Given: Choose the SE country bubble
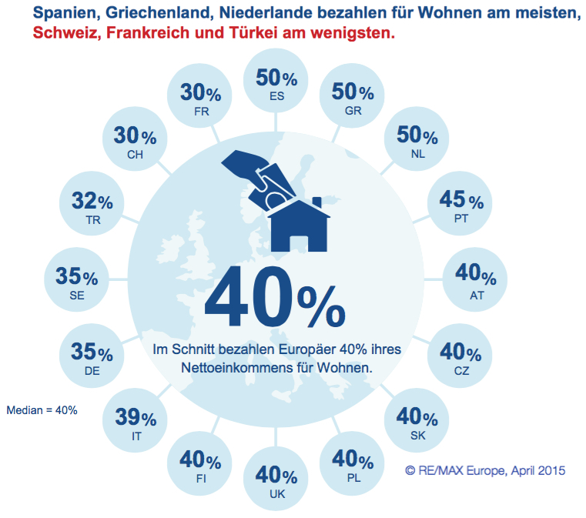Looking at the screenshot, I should click(x=76, y=282).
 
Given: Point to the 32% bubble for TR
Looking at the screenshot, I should click(x=92, y=206).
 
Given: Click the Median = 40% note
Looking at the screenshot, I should click(x=42, y=410).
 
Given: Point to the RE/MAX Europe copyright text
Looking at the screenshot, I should click(x=485, y=470).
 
